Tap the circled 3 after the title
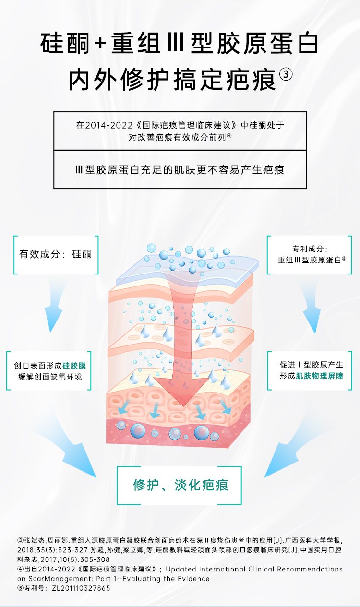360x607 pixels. (x=285, y=76)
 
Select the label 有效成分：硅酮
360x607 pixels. (x=55, y=254)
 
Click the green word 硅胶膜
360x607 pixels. (x=78, y=366)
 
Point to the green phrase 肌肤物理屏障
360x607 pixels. (x=319, y=376)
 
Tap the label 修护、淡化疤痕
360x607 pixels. (x=180, y=485)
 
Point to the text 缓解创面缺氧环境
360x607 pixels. (x=51, y=377)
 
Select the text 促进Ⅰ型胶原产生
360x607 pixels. (x=312, y=365)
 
